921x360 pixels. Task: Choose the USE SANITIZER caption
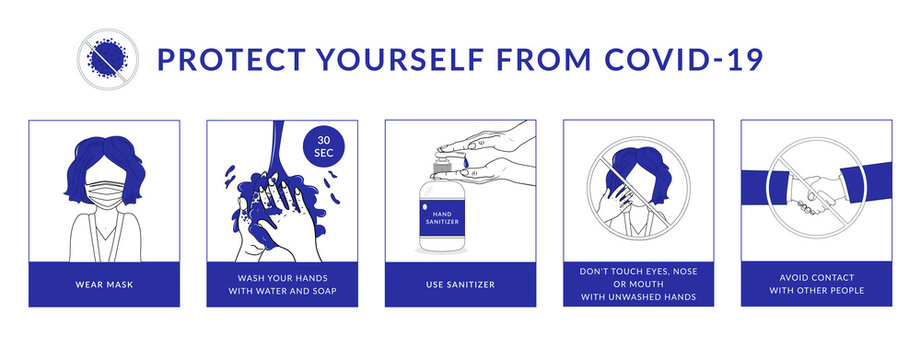tap(460, 284)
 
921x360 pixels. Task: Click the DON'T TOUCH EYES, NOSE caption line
tap(638, 272)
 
